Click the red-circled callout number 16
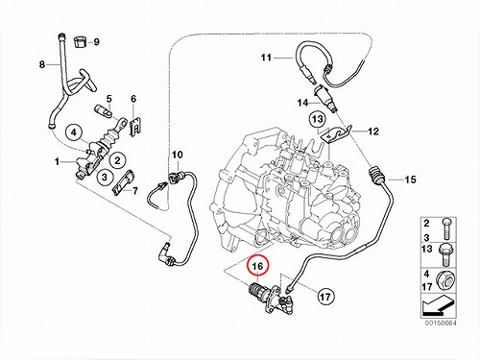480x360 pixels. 258,266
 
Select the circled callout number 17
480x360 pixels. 325,297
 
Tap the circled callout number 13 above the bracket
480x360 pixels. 318,119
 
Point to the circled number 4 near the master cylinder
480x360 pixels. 74,132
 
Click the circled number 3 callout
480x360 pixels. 105,177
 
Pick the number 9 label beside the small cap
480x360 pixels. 95,42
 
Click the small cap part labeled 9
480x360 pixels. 81,42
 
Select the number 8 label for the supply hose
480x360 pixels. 42,64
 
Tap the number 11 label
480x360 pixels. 266,58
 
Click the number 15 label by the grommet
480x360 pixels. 410,180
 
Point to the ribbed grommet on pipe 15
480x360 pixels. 375,176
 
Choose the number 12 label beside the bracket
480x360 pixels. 373,132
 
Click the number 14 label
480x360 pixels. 302,103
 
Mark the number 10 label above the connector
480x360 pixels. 178,155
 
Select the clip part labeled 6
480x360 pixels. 136,127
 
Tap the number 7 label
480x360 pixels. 134,191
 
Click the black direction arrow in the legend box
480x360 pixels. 438,304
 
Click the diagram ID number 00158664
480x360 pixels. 441,323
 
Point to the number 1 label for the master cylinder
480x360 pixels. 58,162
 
